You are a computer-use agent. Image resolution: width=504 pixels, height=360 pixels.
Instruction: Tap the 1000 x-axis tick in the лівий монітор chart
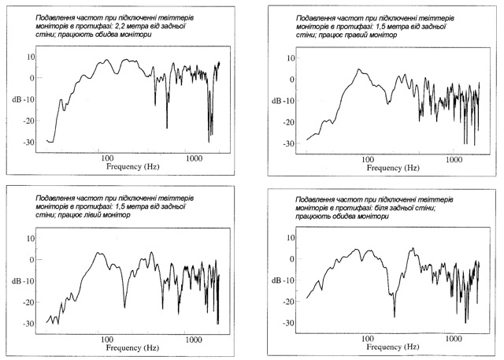195,340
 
